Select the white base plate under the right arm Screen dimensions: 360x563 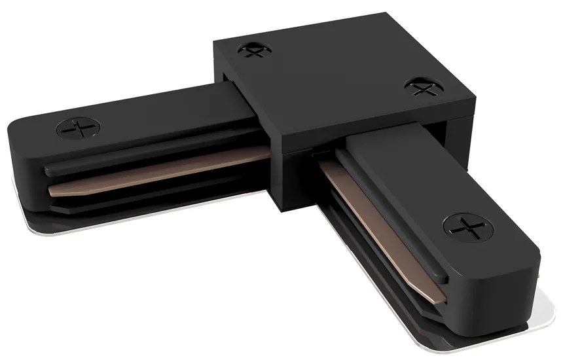[x=524, y=334]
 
